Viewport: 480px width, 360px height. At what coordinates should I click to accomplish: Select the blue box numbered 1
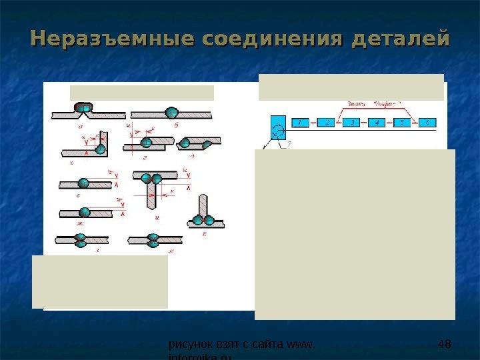coord(300,123)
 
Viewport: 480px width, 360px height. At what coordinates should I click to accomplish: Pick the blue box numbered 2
coord(325,123)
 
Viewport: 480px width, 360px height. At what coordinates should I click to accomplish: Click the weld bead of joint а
coord(83,109)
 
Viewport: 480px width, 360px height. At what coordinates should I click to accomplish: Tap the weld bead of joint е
coord(85,183)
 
